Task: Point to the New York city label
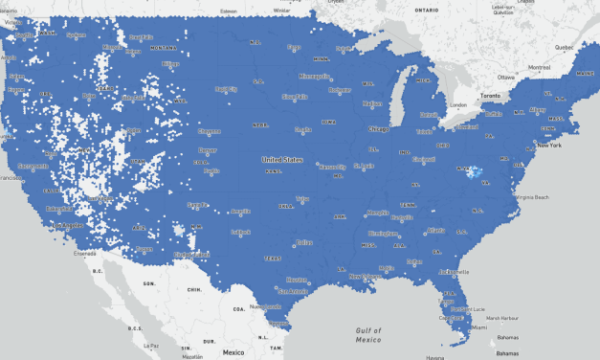[548, 145]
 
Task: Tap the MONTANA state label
[164, 47]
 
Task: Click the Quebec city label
[565, 46]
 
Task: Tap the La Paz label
[151, 346]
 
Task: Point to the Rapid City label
[226, 90]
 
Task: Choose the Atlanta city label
[436, 230]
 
